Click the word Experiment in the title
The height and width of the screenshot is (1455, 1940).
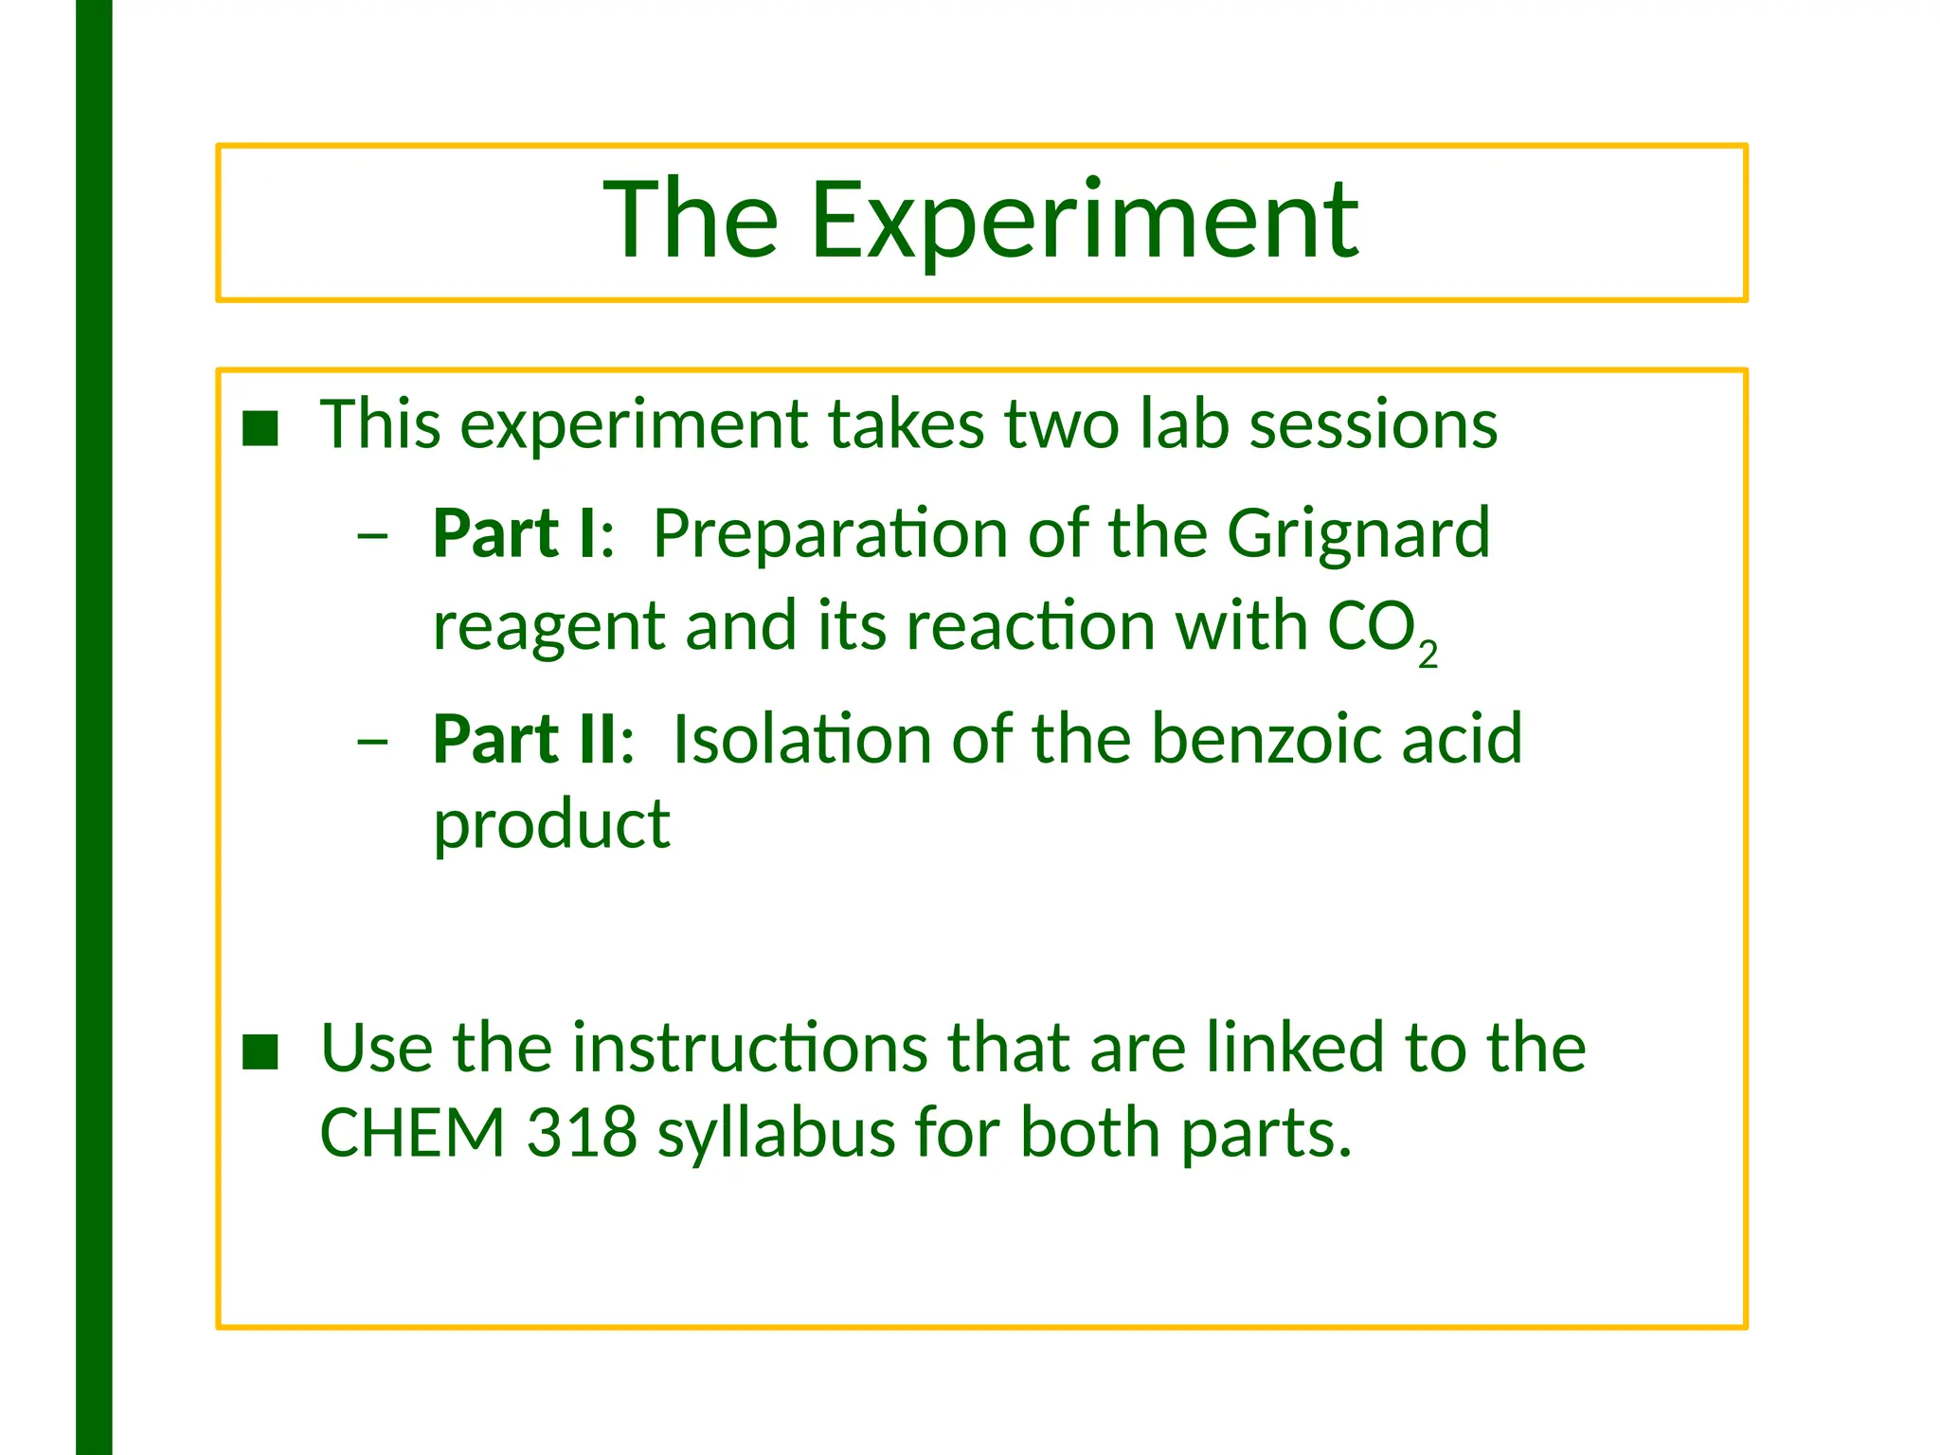click(1085, 221)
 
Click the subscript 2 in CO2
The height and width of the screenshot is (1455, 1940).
click(1428, 655)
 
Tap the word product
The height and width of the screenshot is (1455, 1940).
click(551, 823)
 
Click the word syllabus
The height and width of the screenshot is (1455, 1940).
click(777, 1134)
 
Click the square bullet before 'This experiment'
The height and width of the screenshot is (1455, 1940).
click(260, 428)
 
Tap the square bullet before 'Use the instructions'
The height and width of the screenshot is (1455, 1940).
click(260, 1051)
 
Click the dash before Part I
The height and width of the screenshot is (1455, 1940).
click(372, 535)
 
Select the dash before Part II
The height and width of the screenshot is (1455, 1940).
click(372, 741)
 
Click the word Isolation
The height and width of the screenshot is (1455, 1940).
click(801, 739)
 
